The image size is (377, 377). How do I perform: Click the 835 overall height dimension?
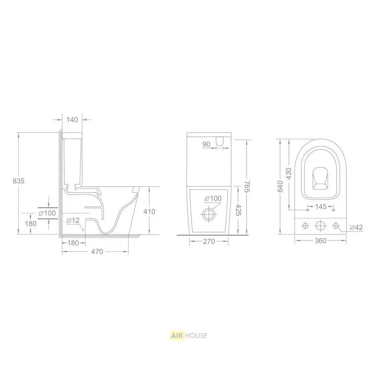(19, 181)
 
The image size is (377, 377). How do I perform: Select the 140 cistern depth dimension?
(72, 119)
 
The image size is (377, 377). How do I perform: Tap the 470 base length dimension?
(97, 251)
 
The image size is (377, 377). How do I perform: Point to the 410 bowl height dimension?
(149, 212)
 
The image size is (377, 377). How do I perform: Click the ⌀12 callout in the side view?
(73, 220)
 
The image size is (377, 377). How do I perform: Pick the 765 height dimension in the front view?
(247, 186)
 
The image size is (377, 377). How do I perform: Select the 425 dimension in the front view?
(238, 210)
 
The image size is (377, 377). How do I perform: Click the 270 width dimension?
(209, 241)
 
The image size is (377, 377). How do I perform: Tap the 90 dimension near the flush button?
(206, 144)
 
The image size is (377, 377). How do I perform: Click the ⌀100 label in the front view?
(213, 199)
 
